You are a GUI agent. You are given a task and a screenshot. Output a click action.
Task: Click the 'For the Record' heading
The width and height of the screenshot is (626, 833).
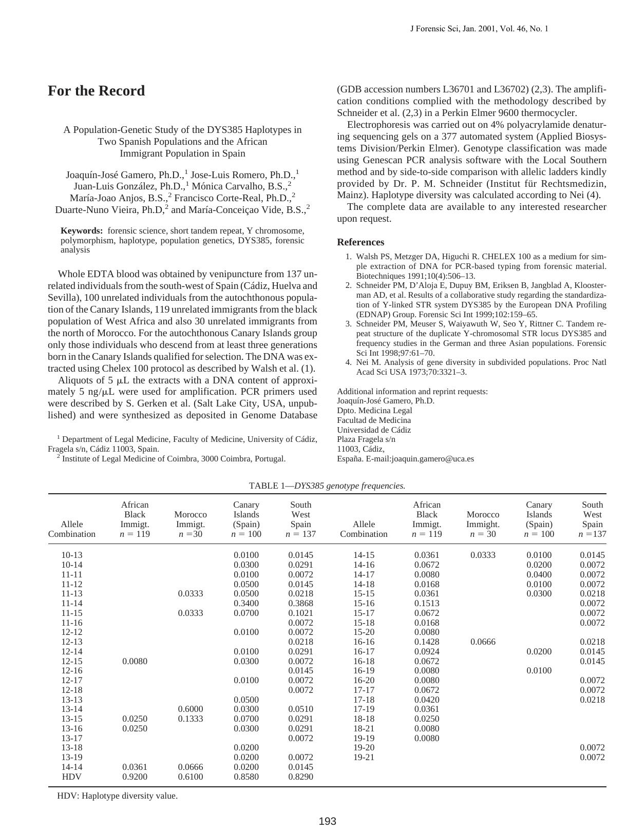click(96, 91)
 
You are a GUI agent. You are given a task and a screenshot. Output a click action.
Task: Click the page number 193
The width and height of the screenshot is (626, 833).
click(327, 821)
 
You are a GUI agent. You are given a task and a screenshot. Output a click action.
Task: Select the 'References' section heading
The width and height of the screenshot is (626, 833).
click(360, 242)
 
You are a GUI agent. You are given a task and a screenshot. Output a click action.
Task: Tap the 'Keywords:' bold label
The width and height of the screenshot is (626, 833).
click(82, 231)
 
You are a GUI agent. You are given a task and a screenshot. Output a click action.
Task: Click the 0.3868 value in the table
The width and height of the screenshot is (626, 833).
click(300, 604)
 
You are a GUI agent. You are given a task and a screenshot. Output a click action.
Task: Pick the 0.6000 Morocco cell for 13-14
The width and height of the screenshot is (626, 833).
click(190, 709)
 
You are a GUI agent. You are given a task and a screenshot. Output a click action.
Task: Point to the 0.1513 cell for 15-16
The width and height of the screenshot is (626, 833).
click(426, 604)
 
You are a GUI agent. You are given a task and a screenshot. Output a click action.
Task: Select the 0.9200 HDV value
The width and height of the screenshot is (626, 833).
click(135, 777)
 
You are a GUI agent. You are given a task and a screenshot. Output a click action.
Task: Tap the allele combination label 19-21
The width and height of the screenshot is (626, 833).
click(364, 758)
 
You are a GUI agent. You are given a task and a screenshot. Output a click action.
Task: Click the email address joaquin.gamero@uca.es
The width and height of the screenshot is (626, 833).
click(432, 459)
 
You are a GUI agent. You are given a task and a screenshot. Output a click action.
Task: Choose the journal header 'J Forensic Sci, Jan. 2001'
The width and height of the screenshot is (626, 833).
click(479, 29)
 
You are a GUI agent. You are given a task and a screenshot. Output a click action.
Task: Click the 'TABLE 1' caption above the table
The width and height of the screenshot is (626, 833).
click(327, 486)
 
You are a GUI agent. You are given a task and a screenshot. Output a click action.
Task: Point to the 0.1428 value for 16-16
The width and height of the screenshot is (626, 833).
click(426, 642)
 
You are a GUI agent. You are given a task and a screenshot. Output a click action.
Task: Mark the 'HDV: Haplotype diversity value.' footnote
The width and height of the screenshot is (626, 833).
click(117, 796)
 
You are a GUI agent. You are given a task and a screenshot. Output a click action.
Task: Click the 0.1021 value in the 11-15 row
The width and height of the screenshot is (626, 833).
click(300, 613)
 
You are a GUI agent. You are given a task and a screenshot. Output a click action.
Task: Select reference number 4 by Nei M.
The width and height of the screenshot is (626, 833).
click(471, 367)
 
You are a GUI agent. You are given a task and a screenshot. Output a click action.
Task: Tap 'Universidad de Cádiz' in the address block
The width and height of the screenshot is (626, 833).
click(373, 430)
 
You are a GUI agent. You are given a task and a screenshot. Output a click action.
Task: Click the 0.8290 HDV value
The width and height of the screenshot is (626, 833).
click(300, 777)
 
